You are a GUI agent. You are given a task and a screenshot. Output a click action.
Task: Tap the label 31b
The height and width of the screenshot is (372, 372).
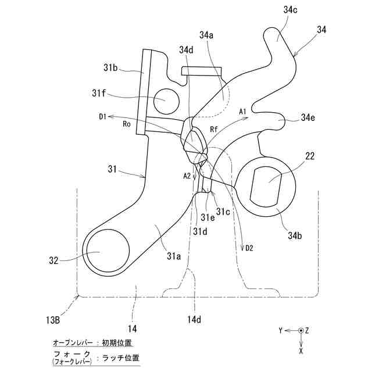point(111,68)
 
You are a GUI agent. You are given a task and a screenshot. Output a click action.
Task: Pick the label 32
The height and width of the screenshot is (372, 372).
point(53,261)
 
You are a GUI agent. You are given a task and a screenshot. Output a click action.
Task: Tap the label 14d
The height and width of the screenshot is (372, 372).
point(195,319)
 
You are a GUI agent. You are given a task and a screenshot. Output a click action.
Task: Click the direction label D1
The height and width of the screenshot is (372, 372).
point(102,116)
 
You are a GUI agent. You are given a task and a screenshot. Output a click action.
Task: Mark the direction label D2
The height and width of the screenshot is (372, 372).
point(249,249)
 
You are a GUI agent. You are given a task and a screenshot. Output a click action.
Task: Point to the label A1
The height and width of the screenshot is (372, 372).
point(244,110)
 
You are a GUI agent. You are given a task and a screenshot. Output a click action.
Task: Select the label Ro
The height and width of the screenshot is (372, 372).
point(126,123)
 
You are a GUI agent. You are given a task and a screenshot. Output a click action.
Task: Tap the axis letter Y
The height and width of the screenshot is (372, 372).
point(280,330)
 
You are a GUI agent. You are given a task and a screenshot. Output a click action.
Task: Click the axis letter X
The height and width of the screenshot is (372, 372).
point(301,351)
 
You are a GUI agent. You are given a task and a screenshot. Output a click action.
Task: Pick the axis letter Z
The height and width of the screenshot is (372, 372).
point(307,330)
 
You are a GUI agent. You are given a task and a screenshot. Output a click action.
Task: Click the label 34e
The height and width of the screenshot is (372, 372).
point(309,119)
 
